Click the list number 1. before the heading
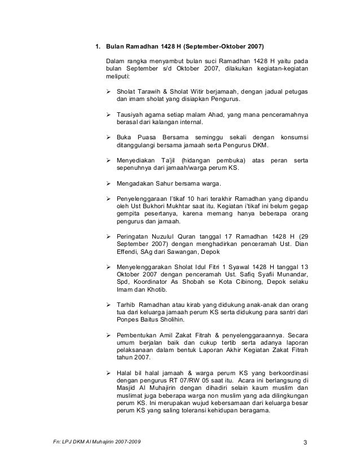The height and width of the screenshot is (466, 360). click(x=97, y=46)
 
